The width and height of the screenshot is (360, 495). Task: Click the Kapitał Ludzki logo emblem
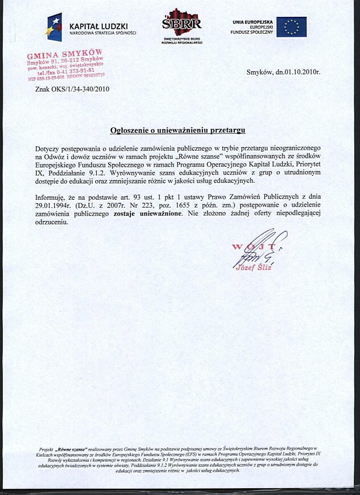point(55,27)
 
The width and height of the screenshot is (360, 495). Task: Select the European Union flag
point(291,27)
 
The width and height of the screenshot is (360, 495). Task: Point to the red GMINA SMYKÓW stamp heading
point(65,55)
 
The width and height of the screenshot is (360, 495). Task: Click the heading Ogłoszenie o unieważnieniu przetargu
point(178,130)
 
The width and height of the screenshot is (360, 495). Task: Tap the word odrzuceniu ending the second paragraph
point(52,221)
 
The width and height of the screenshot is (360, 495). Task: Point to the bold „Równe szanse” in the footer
point(72,448)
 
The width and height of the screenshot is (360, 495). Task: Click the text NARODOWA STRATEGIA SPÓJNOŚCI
point(102,33)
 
